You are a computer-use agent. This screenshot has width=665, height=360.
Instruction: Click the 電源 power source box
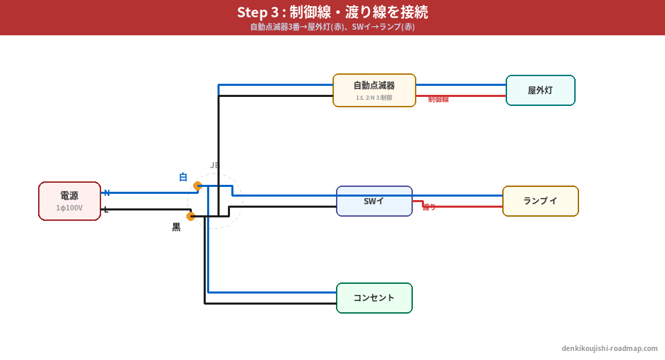pos(69,201)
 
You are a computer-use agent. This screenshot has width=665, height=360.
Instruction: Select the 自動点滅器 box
pos(374,90)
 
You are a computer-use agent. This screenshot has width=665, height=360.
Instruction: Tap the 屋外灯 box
pos(540,90)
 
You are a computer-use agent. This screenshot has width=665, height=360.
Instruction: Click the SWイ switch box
pos(374,201)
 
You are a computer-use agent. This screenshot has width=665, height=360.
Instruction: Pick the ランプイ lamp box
pos(540,201)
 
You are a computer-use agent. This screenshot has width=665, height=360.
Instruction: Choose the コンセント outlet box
pos(374,298)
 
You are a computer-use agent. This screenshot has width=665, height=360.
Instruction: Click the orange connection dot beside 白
pos(197,186)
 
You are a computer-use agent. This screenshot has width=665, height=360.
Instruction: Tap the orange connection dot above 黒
pos(191,216)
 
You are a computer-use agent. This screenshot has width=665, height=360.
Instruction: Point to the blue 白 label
pos(183,177)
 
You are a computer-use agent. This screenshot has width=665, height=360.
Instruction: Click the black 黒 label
pos(176,227)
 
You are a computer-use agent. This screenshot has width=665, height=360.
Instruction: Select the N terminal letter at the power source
pos(107,192)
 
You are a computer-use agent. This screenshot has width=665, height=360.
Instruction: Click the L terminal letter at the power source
pos(106,209)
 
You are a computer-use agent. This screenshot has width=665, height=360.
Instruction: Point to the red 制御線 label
pos(438,100)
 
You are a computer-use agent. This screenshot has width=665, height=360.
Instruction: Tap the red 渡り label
pos(429,207)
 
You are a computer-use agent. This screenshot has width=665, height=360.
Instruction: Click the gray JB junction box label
pos(215,165)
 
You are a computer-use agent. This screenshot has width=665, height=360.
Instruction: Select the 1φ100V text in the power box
pos(69,208)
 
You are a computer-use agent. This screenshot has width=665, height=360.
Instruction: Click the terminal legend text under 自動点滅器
pos(374,98)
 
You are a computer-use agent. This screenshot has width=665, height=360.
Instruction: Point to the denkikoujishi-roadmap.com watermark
pos(610,348)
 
